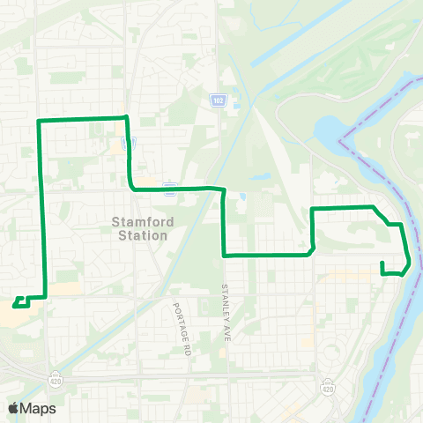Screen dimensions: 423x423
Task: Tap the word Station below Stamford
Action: (141, 235)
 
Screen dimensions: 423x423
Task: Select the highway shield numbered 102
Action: (218, 101)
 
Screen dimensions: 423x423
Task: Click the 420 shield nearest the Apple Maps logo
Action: (56, 375)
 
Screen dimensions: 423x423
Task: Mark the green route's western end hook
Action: (17, 305)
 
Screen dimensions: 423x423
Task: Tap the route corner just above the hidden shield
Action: (127, 117)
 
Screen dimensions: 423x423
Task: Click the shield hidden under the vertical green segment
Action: (129, 142)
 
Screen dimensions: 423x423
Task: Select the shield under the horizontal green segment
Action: (169, 188)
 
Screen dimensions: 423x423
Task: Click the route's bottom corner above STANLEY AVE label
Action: (225, 255)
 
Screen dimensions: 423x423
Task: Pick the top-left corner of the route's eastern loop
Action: (312, 209)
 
